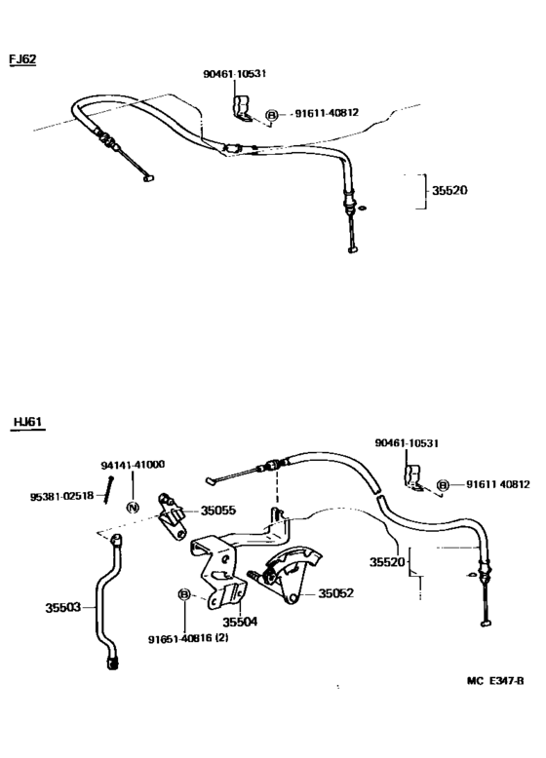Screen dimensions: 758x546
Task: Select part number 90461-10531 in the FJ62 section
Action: tap(235, 74)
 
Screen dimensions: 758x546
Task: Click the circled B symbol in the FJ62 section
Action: tap(271, 114)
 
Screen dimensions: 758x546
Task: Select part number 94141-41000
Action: tap(133, 465)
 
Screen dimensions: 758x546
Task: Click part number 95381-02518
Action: tap(61, 496)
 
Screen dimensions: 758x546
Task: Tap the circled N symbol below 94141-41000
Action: tap(133, 508)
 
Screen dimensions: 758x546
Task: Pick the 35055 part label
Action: tap(218, 510)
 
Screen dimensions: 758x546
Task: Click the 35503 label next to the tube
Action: tap(63, 608)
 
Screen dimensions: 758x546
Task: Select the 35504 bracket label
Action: tap(239, 621)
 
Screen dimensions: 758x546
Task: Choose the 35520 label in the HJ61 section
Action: tap(388, 562)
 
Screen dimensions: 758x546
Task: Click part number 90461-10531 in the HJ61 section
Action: tap(407, 443)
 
